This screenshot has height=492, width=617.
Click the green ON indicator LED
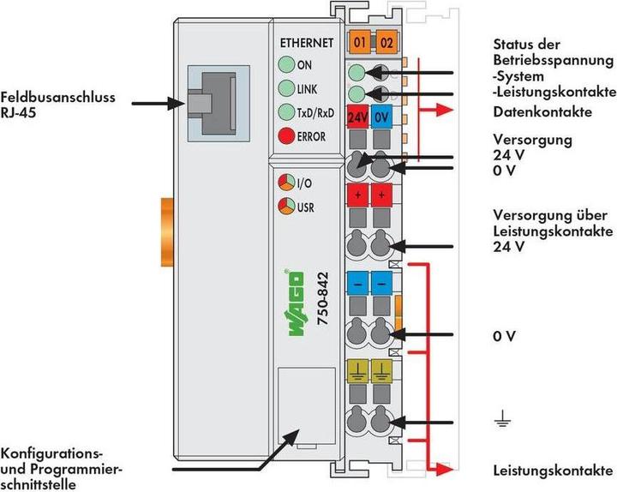[x=286, y=65]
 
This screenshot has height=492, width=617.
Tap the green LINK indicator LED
[x=286, y=88]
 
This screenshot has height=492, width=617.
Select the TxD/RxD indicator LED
[x=286, y=112]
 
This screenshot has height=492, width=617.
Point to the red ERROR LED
[x=286, y=135]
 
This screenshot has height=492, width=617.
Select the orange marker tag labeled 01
[x=359, y=41]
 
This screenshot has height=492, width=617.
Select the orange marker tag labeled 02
[x=386, y=41]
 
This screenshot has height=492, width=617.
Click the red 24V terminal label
[x=358, y=118]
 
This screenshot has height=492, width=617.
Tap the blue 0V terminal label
[x=382, y=118]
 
